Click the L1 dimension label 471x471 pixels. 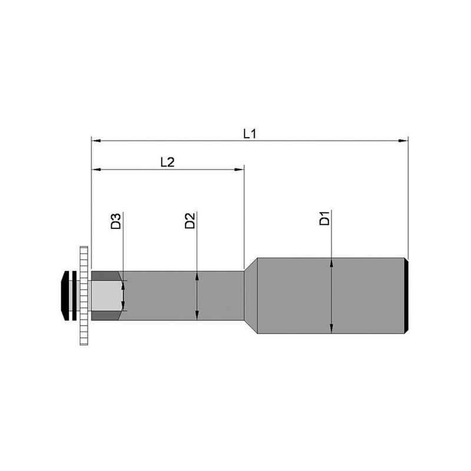[250, 134]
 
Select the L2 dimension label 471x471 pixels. [167, 162]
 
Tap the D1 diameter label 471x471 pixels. [325, 218]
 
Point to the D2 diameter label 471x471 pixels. [190, 220]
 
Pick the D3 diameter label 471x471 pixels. [115, 221]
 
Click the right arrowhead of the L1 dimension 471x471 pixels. [403, 141]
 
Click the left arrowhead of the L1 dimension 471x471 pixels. [96, 141]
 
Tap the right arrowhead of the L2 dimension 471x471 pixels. [239, 170]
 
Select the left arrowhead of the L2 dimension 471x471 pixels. [96, 170]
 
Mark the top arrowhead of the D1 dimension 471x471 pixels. [331, 263]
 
